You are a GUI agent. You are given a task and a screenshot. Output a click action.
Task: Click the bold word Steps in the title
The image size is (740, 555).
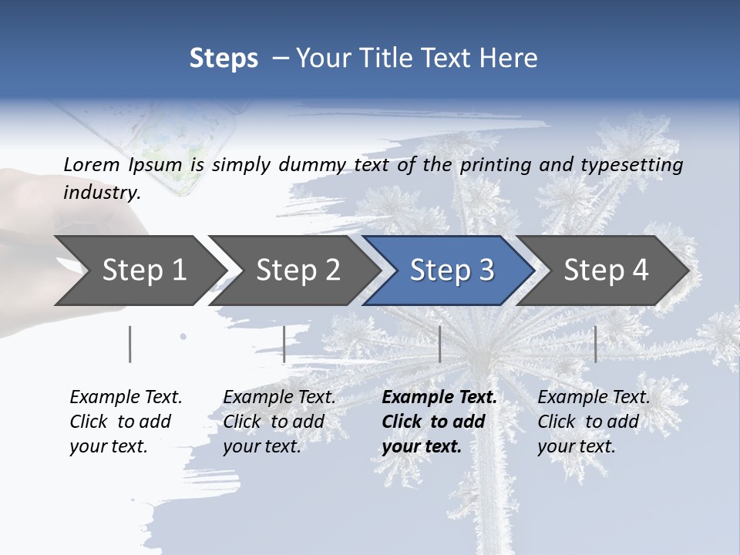click(224, 59)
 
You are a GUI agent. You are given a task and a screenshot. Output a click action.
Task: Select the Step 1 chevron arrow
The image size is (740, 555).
click(139, 271)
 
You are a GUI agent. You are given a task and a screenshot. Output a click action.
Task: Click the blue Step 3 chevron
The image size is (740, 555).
click(451, 271)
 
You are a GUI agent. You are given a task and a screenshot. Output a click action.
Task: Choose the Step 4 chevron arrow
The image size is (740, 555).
click(605, 271)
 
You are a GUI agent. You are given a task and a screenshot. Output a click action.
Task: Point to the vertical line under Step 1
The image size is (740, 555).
click(130, 344)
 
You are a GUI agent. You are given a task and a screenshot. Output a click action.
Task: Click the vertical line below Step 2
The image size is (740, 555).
click(284, 344)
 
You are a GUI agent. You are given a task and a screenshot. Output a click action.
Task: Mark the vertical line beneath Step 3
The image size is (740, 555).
click(439, 344)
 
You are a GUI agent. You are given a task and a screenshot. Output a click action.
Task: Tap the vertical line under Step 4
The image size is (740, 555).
click(595, 344)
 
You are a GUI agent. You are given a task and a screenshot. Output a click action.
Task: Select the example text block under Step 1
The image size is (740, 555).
click(126, 422)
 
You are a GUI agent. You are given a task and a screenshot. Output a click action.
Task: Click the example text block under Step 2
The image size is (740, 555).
click(279, 422)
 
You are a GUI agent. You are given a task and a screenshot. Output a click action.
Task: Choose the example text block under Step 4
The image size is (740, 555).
click(594, 422)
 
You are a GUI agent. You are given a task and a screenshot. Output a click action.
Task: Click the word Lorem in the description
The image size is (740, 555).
click(91, 164)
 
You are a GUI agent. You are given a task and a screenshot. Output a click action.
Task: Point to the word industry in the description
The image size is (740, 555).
click(101, 192)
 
